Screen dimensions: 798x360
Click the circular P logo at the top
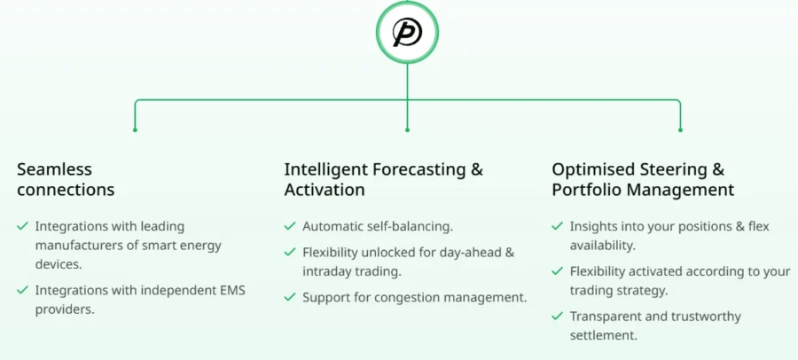407,32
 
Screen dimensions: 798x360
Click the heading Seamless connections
66,179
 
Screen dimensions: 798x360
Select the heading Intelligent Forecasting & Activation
383,179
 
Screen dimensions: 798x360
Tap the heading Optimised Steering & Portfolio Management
644,179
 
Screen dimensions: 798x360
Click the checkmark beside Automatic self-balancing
290,225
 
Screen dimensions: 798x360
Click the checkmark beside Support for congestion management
290,296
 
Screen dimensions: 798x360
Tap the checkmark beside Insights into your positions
558,225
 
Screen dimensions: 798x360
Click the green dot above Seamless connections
135,129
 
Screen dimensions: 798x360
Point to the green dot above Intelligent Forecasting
407,129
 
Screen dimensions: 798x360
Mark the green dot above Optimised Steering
680,129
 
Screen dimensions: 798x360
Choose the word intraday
325,271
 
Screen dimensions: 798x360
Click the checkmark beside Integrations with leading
22,225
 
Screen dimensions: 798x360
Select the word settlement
604,335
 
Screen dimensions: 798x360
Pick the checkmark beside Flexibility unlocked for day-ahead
290,252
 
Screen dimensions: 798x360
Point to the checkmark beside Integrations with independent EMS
22,290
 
